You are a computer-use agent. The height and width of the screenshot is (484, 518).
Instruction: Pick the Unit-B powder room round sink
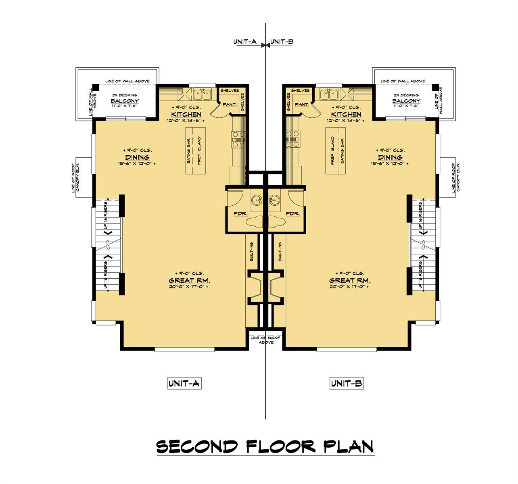tap(275, 200)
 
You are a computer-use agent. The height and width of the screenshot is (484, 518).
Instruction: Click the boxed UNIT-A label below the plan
tap(184, 383)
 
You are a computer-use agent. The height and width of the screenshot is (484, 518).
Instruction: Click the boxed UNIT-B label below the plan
tap(346, 383)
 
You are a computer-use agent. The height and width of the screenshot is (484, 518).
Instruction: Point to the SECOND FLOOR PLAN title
tap(265, 446)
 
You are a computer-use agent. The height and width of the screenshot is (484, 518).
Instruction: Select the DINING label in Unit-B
tap(390, 157)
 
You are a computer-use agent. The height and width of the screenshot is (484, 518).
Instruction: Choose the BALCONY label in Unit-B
tap(406, 101)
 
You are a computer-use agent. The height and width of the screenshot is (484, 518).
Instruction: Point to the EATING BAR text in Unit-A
tap(189, 150)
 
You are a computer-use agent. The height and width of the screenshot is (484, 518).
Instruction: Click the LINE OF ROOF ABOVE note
tap(265, 340)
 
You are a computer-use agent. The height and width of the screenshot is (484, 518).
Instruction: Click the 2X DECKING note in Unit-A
tap(124, 95)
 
